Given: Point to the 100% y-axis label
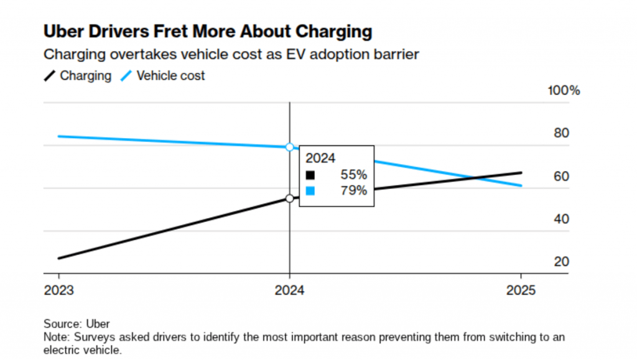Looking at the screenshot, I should click(563, 91).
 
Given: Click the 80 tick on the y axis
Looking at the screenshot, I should click(561, 133).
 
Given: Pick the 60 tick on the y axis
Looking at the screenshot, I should click(561, 176).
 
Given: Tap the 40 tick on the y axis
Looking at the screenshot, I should click(561, 219).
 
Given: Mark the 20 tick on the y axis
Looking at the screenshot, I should click(561, 262).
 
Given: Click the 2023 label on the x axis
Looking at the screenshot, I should click(59, 291).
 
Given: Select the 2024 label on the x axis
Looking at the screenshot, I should click(289, 291).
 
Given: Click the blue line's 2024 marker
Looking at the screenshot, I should click(289, 147).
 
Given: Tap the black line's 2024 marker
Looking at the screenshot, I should click(289, 198).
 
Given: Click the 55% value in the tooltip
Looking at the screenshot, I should click(353, 175).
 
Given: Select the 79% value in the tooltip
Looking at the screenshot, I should click(353, 191).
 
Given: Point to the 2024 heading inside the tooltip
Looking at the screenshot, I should click(320, 159).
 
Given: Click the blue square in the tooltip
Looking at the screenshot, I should click(310, 191).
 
